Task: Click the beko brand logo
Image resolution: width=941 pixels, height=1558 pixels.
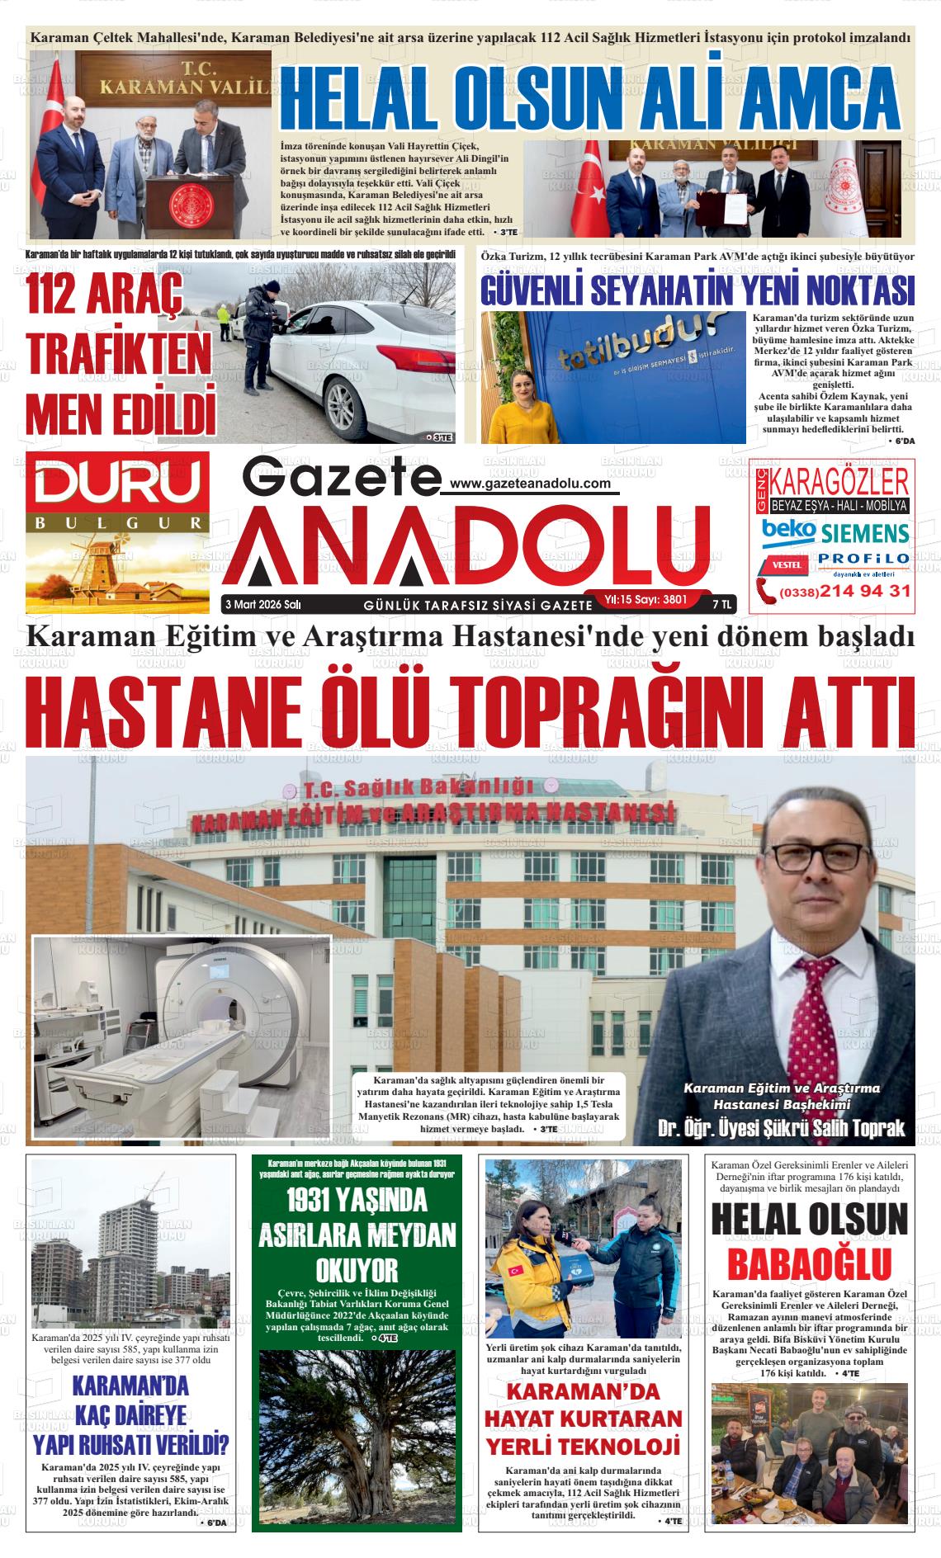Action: coord(789,531)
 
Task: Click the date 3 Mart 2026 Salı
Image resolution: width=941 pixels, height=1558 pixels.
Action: coord(263,604)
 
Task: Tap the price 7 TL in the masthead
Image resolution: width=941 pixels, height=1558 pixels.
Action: coord(721,604)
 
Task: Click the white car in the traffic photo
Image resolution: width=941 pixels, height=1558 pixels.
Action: coord(371,363)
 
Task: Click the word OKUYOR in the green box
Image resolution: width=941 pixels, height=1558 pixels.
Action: coord(357,1270)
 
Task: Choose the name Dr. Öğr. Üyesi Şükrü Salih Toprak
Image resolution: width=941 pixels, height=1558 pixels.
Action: coord(781,1128)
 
